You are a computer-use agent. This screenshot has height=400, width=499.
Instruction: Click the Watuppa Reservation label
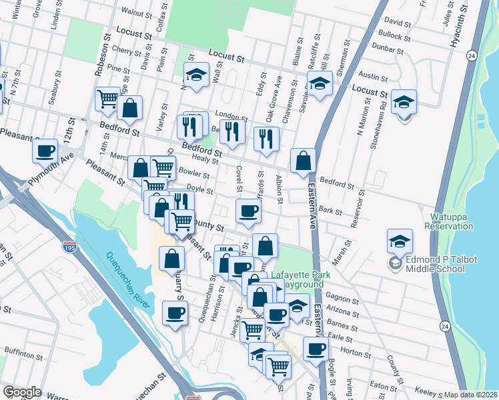[x=450, y=221]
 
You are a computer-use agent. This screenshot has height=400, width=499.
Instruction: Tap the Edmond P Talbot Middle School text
[x=435, y=264]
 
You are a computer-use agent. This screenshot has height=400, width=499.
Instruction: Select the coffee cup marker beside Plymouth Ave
[x=45, y=151]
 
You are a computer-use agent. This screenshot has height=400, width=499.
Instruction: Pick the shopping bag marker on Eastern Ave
[x=303, y=161]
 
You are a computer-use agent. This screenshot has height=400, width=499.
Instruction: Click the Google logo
[x=22, y=392]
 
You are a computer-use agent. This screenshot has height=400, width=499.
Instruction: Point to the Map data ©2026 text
[x=471, y=395]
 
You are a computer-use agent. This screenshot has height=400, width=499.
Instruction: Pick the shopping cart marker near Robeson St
[x=107, y=100]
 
